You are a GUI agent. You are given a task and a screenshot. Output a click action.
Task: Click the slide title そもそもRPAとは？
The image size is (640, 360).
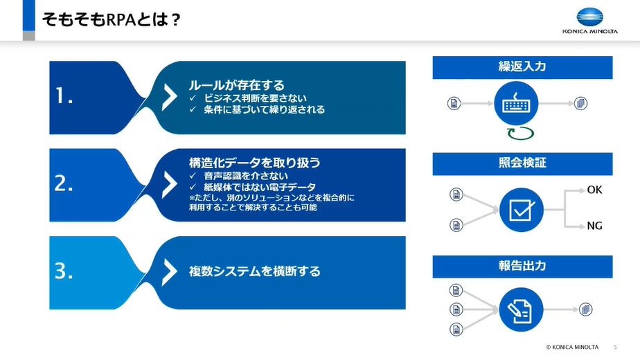pos(112,20)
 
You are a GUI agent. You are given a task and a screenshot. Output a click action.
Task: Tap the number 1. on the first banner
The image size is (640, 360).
pos(64,98)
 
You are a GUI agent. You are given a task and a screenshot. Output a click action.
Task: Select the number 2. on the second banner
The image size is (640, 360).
pos(64,185)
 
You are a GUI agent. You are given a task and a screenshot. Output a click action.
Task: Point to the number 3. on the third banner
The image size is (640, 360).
pos(64,272)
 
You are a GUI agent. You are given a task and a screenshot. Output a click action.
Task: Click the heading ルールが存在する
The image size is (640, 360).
pos(237,85)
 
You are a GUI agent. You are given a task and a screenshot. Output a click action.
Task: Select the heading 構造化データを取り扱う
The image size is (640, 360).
pos(254,163)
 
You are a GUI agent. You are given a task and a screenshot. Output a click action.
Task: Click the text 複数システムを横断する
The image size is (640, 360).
pos(255,271)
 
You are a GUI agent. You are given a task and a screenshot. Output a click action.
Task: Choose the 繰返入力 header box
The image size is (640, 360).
pos(522,67)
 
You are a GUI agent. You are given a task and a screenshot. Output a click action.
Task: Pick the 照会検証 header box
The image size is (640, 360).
pos(522,163)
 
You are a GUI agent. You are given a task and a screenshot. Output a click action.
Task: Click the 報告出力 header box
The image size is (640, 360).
pos(522,266)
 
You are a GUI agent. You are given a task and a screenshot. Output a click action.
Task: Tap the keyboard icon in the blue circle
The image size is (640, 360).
pos(516,104)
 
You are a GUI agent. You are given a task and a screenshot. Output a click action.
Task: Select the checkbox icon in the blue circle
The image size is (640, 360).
pos(520,208)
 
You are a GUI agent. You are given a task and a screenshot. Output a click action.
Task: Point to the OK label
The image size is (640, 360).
pos(594,189)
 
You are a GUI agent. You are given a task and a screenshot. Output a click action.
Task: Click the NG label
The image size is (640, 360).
pos(594,226)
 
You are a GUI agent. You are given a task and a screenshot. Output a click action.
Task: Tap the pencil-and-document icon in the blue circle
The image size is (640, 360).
pos(520,309)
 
